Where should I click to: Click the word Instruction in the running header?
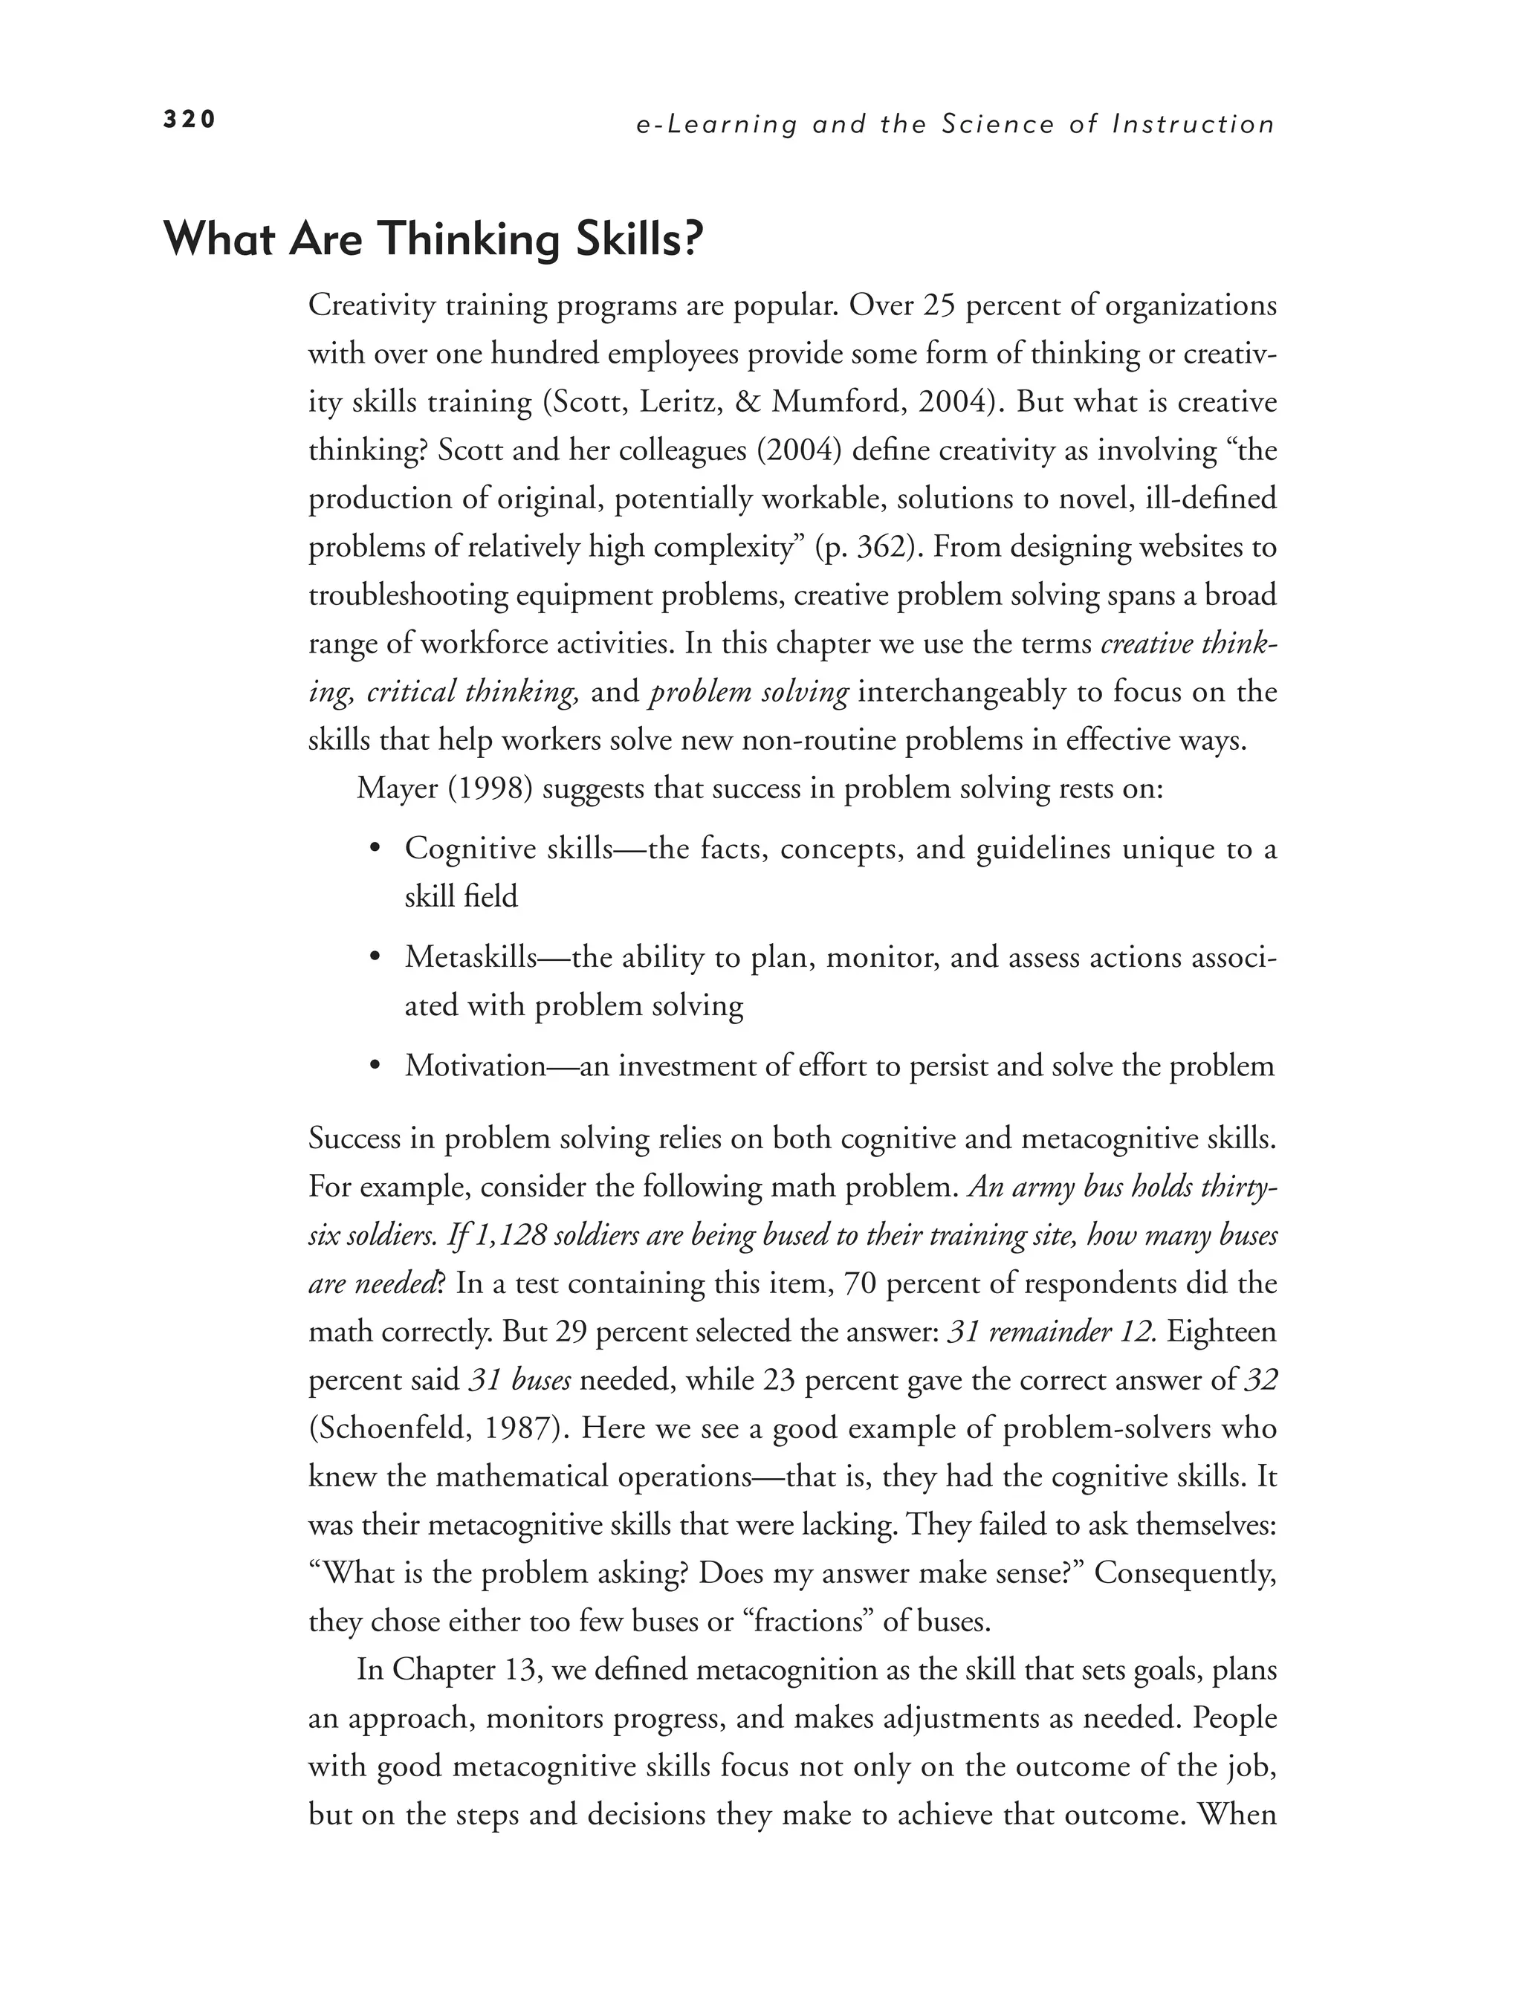[x=1194, y=125]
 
